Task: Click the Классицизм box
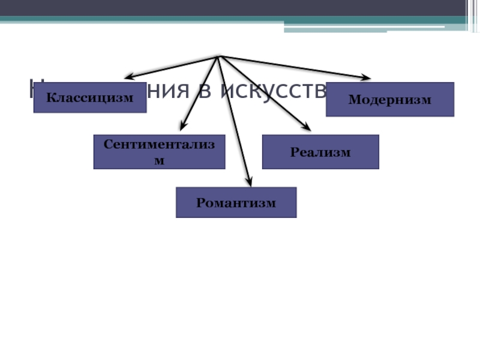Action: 90,98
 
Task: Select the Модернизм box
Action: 390,99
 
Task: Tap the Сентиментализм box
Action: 159,152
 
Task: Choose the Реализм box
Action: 320,152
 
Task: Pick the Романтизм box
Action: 236,202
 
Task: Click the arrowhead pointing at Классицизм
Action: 128,77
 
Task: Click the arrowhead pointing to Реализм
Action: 307,128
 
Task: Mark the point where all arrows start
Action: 219,56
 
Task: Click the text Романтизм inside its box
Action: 236,203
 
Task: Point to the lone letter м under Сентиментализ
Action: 159,161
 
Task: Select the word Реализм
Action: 320,152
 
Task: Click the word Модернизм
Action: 390,100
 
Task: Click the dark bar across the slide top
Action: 240,8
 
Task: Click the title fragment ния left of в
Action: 174,91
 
